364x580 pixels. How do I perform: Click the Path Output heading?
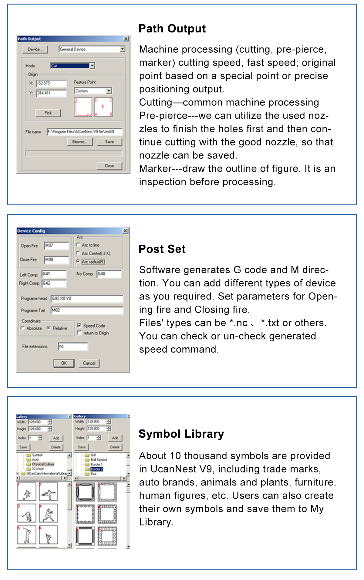[172, 29]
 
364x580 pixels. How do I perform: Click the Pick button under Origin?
[48, 113]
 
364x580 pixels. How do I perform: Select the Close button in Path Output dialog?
[109, 166]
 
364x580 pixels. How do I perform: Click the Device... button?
[35, 49]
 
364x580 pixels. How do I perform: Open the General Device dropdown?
[122, 49]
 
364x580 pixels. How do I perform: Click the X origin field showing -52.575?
[51, 83]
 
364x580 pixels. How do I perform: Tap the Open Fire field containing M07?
[56, 246]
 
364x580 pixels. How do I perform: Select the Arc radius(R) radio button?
[78, 261]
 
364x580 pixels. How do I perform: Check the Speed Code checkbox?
[79, 326]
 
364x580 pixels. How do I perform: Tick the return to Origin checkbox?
[79, 333]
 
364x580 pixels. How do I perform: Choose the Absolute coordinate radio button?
[23, 328]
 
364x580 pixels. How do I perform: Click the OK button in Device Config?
[64, 363]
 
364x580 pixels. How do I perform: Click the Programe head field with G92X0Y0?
[87, 299]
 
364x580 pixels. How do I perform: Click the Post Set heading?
[162, 249]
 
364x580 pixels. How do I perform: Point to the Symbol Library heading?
[181, 434]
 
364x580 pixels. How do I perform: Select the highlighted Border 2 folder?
[97, 469]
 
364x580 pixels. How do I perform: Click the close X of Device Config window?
[125, 231]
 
